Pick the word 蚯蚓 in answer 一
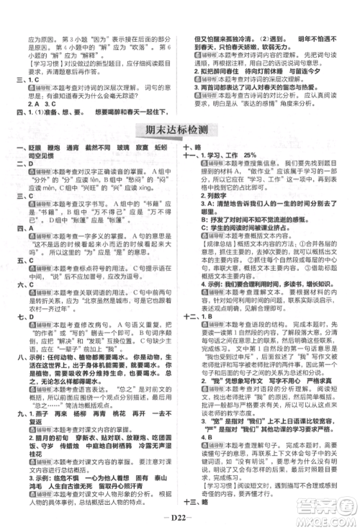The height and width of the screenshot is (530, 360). click(x=164, y=147)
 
